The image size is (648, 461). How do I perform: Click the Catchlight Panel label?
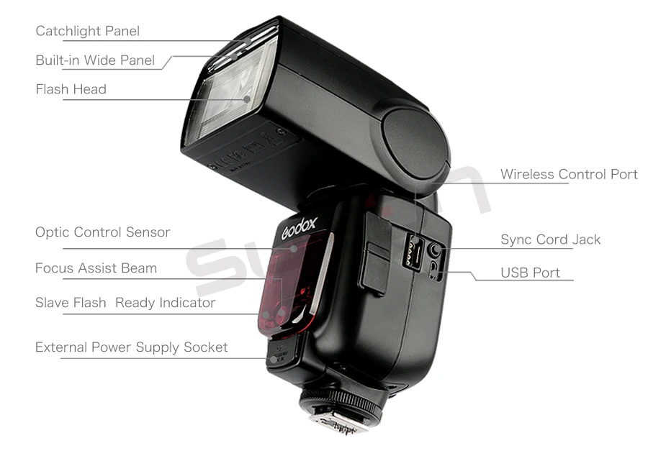pos(88,31)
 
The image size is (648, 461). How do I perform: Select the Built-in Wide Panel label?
pos(95,60)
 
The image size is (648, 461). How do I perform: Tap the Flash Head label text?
pos(71,89)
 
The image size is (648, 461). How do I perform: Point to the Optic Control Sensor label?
pos(103,232)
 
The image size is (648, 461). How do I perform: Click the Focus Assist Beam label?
pos(96,268)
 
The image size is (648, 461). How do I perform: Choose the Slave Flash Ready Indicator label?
pos(125,303)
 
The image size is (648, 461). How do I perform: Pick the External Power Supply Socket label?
pos(132,347)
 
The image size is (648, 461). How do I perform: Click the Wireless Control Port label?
pos(569,174)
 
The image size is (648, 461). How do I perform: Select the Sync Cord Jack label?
pos(550,239)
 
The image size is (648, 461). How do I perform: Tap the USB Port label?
pos(530,273)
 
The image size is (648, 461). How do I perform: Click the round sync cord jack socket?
pos(435,250)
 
